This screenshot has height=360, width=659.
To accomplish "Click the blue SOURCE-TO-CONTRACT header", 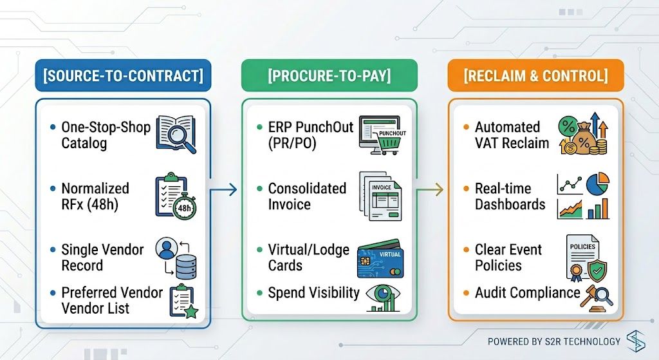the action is (123, 76).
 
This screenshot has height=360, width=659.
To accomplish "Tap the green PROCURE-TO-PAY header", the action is (329, 76).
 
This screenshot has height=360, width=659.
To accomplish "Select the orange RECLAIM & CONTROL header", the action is (536, 76).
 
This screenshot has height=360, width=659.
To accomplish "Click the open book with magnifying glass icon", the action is (176, 135).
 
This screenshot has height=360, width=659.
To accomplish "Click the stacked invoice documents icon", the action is (381, 196).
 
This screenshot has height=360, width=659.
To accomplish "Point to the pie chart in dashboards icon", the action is (597, 184).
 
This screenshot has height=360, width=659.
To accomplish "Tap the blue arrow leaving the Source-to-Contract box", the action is (223, 190).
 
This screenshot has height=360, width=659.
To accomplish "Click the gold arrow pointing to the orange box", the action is (430, 190).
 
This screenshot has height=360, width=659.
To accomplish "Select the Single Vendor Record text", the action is (102, 258).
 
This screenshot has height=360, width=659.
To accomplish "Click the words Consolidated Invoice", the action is (307, 196).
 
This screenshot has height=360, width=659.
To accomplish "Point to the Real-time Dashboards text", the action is (510, 196).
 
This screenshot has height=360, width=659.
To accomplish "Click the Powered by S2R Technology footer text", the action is (554, 341).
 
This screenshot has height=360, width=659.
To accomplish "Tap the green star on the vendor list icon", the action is (191, 312).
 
